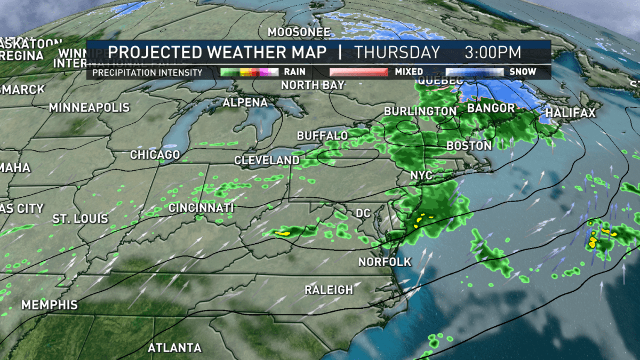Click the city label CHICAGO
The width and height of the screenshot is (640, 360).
click(155, 155)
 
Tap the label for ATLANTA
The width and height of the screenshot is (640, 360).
click(175, 348)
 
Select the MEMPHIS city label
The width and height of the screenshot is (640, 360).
click(50, 305)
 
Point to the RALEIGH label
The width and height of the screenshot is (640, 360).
click(329, 290)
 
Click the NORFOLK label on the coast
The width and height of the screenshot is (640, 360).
click(385, 262)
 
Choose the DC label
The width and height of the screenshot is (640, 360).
click(363, 213)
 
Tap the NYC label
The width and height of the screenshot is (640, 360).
click(421, 176)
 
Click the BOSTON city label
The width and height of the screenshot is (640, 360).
click(469, 146)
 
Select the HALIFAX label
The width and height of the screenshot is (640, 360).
click(570, 113)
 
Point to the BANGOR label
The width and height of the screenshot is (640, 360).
click(491, 108)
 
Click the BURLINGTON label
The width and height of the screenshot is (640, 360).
click(420, 111)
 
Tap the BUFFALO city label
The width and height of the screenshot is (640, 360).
click(322, 136)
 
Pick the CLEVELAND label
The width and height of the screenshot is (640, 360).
click(267, 160)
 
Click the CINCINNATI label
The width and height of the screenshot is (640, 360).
click(201, 207)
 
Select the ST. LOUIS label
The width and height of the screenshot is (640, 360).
click(80, 219)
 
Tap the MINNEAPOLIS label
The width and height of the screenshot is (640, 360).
click(89, 108)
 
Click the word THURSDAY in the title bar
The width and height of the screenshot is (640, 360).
click(397, 53)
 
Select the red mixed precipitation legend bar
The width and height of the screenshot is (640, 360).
click(358, 71)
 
